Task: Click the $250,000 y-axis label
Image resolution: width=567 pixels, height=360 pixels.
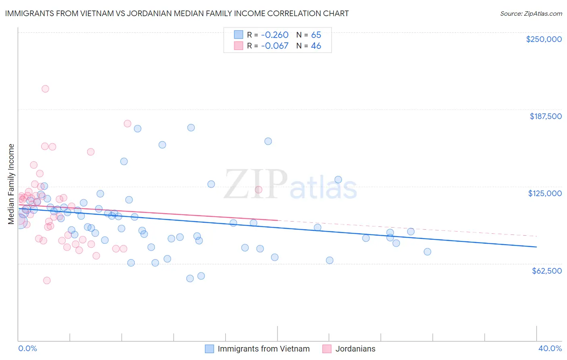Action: (544, 39)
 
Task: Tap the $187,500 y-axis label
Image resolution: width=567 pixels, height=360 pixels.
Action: (545, 116)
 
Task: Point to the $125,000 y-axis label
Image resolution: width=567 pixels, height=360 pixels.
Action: (545, 193)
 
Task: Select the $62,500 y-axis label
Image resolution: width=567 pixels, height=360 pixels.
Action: (546, 271)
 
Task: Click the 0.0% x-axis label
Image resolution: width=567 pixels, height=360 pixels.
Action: (27, 348)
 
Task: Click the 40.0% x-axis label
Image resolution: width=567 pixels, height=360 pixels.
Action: (550, 348)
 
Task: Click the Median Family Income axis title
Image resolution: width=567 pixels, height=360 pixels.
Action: (11, 184)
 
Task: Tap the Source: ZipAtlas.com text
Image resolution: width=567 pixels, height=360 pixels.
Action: (531, 13)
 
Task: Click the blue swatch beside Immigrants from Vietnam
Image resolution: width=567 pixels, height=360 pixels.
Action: (209, 349)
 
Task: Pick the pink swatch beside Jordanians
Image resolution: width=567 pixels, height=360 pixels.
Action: (327, 349)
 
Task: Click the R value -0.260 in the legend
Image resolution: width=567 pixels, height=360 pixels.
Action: (275, 35)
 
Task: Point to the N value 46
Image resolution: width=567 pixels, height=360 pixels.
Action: (316, 46)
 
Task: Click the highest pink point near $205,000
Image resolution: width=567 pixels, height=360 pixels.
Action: (45, 89)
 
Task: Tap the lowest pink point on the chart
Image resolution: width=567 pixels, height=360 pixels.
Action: (47, 280)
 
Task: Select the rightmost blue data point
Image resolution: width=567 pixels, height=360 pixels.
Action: (427, 252)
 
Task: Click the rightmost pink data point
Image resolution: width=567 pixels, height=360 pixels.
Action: (258, 190)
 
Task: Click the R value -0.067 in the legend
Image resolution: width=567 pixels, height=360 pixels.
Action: (275, 46)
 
